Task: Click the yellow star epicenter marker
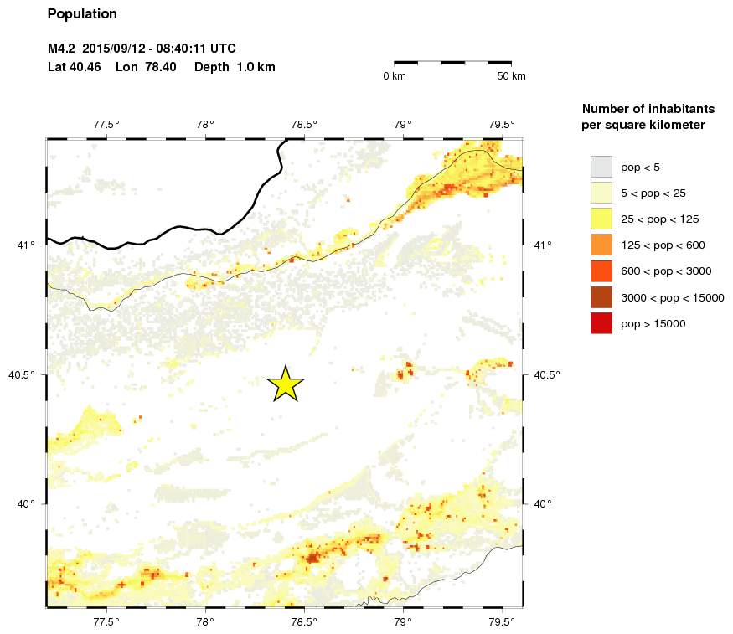[286, 384]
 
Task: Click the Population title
[82, 14]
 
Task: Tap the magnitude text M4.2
[62, 49]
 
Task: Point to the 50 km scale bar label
[511, 76]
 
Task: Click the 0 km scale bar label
[395, 76]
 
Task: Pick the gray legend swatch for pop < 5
[601, 167]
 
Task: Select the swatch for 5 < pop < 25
[601, 193]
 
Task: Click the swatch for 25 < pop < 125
[601, 219]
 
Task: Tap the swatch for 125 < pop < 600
[601, 245]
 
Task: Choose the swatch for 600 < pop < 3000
[601, 271]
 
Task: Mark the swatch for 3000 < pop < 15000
[601, 296]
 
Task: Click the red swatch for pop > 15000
[601, 322]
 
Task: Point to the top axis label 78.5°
[304, 126]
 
